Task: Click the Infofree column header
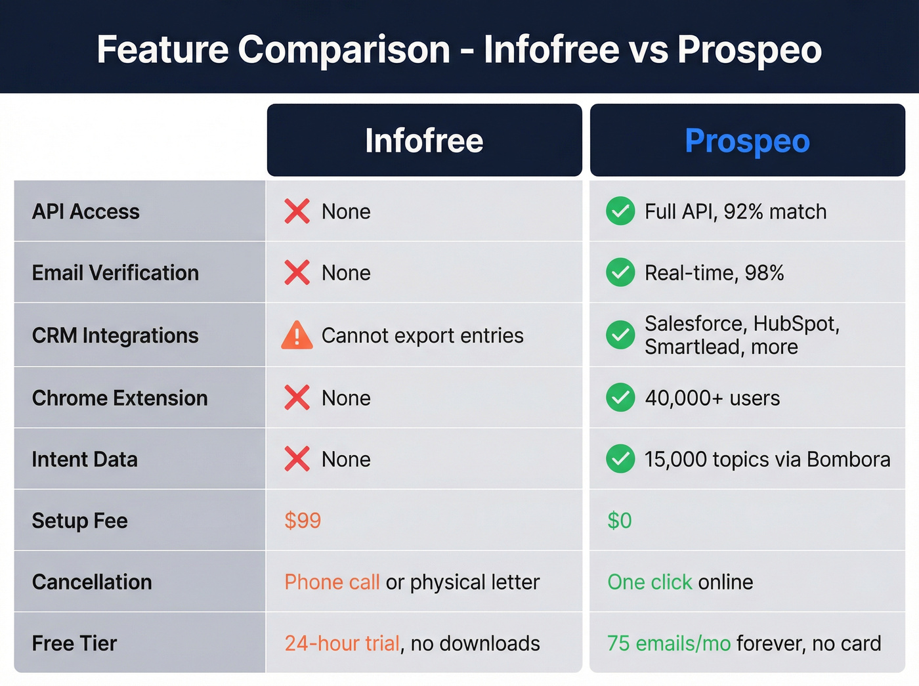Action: [424, 140]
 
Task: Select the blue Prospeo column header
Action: [747, 140]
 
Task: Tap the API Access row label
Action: [86, 211]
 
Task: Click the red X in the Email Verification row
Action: [297, 272]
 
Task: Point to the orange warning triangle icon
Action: [297, 335]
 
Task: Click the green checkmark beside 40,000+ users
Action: [620, 397]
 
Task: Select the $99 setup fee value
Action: [303, 521]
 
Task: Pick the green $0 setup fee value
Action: [620, 521]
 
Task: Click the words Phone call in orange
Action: [332, 582]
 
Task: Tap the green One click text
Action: [649, 582]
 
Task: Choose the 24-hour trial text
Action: [342, 643]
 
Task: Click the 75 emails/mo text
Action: [668, 643]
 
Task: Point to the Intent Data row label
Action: [85, 459]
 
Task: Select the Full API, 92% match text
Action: [735, 211]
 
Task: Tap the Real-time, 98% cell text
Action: [714, 272]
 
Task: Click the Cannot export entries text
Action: [422, 335]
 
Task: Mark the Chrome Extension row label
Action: [119, 398]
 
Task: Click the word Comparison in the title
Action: [343, 49]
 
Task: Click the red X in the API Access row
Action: [297, 211]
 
